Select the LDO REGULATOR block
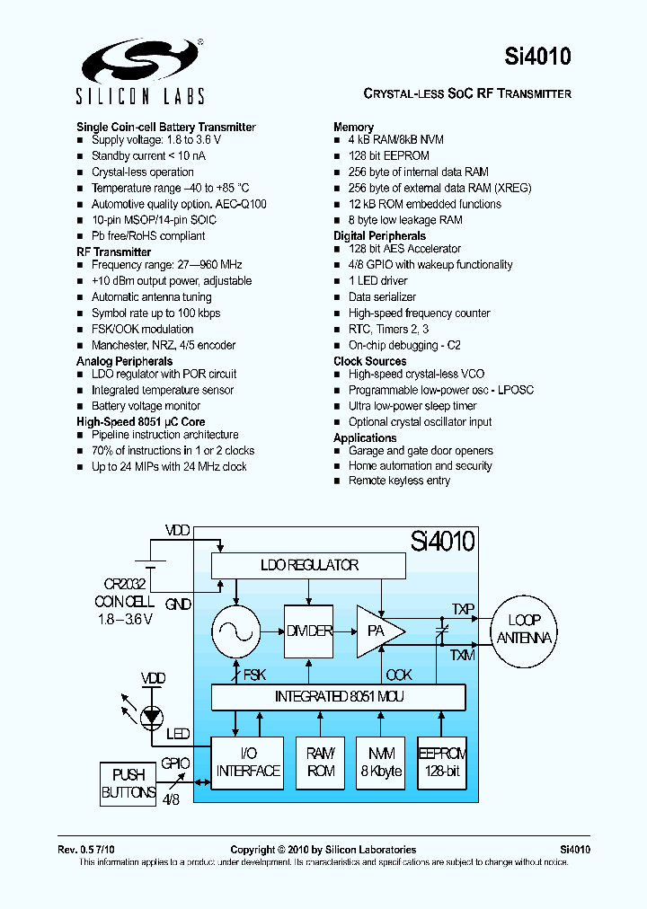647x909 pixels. coord(308,565)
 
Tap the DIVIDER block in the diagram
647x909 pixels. coord(309,631)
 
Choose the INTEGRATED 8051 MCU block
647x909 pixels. coord(338,696)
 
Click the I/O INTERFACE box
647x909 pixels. coord(247,763)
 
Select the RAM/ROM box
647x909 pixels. coord(321,763)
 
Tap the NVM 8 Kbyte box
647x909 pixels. coord(381,763)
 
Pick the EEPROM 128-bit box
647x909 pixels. coord(443,763)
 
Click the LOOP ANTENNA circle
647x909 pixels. coord(525,629)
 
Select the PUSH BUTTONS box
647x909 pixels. coord(129,783)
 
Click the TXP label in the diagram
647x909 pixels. coord(462,608)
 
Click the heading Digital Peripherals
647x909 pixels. coord(379,235)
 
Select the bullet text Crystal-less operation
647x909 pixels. coord(142,172)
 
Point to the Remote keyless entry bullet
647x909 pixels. coord(399,481)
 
